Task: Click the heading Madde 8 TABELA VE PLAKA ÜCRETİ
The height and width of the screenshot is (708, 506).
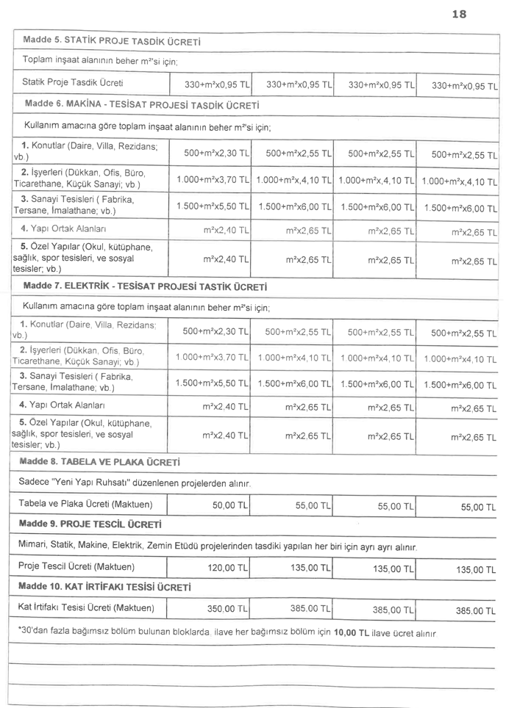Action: click(100, 463)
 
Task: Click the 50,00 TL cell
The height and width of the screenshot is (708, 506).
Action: click(229, 506)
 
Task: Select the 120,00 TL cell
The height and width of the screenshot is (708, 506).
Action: click(226, 568)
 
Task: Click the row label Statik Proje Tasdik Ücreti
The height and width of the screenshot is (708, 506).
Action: click(72, 82)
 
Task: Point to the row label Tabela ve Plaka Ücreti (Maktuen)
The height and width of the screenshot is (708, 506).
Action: click(85, 505)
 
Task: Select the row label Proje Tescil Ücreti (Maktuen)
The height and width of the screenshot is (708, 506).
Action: click(76, 567)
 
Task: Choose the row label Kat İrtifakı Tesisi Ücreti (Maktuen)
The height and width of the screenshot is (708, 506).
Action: click(86, 608)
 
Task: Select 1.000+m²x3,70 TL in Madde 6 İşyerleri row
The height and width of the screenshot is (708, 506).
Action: click(212, 178)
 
